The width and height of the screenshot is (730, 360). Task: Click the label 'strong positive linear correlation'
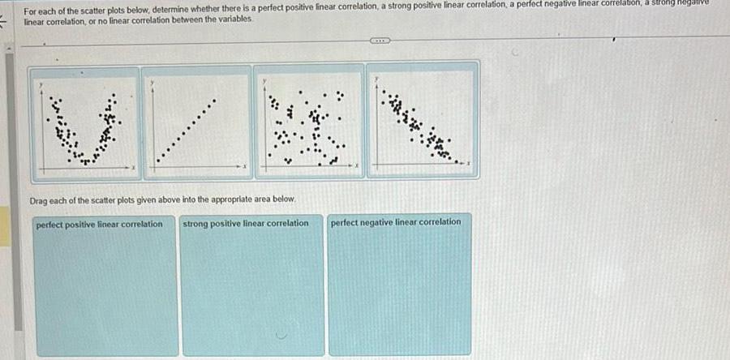pos(247,223)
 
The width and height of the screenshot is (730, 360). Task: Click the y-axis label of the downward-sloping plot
pos(376,79)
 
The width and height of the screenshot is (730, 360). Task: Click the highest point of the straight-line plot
pos(215,102)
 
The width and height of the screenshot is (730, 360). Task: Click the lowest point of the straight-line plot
pos(158,161)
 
